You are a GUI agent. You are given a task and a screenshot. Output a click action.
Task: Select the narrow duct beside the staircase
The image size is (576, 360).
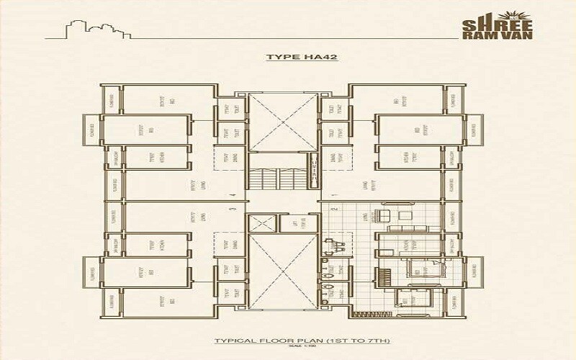315,173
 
